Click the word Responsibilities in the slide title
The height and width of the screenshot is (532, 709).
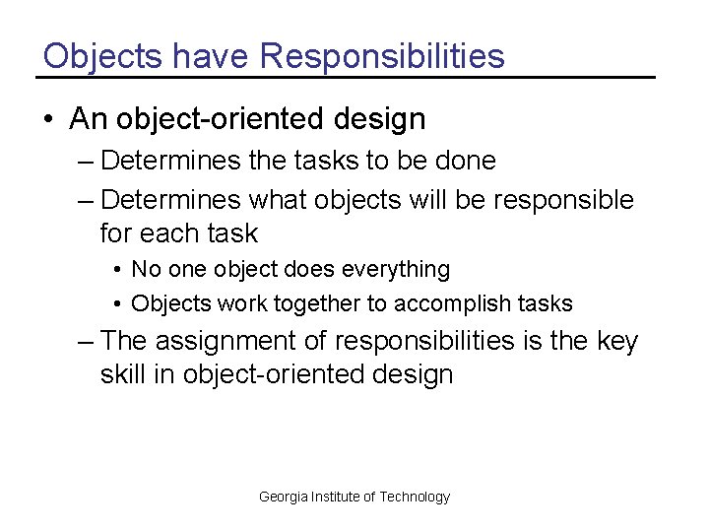tap(382, 56)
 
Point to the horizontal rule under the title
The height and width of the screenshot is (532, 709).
tap(345, 77)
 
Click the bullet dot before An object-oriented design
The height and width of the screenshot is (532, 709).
tap(48, 120)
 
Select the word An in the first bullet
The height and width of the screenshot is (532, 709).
tap(86, 120)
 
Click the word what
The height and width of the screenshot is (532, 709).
tap(278, 200)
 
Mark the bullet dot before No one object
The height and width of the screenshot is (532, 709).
tap(116, 270)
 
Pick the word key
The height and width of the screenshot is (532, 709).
tap(617, 342)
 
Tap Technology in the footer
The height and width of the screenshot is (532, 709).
tap(415, 498)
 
